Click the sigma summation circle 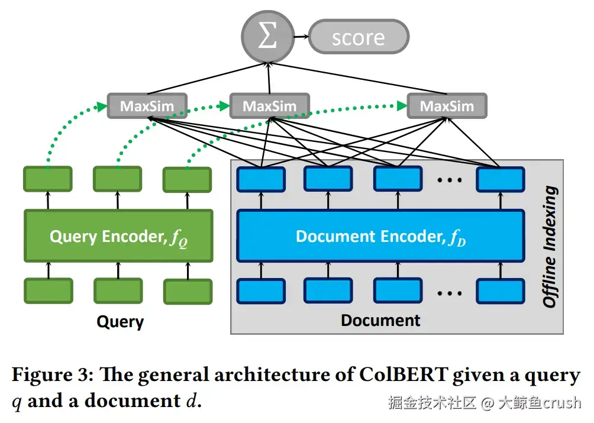click(x=267, y=37)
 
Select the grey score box click(x=359, y=37)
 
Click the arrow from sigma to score click(x=301, y=37)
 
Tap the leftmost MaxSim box click(x=147, y=106)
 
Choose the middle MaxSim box click(x=269, y=106)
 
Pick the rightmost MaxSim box click(x=447, y=106)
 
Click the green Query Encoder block click(x=118, y=236)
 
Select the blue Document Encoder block click(x=380, y=236)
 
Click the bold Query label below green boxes click(x=120, y=322)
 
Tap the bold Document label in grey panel click(x=380, y=321)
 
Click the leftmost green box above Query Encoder click(x=47, y=179)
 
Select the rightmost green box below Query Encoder click(x=188, y=292)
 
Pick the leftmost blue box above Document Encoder click(x=260, y=179)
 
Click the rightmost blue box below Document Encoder click(x=501, y=290)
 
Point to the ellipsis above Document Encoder click(x=449, y=179)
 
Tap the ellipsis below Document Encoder click(x=449, y=291)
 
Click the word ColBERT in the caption click(x=390, y=375)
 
